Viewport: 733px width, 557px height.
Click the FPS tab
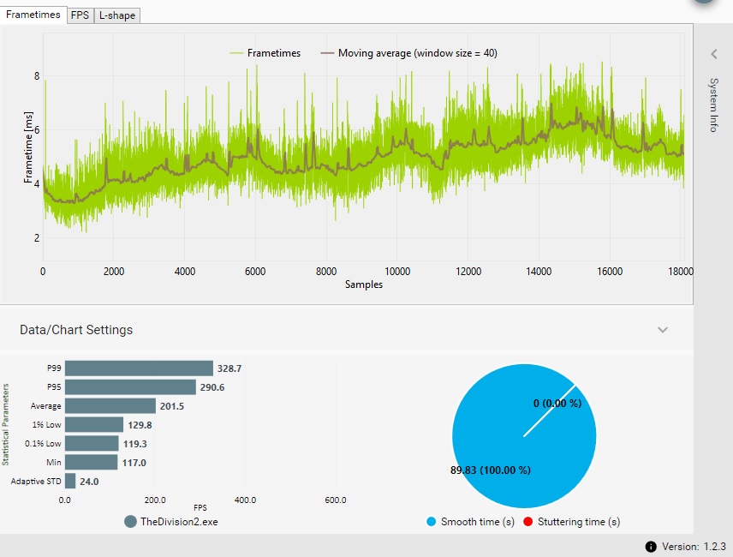click(x=80, y=15)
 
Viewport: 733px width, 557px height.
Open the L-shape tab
click(x=116, y=15)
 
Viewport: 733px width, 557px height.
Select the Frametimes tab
click(x=33, y=14)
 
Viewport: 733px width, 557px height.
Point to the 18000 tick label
click(x=680, y=271)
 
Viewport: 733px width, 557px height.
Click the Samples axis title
click(x=363, y=284)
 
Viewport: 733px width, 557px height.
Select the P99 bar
click(x=139, y=368)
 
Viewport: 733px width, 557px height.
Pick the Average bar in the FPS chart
click(x=110, y=406)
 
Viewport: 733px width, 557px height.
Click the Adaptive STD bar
click(x=70, y=482)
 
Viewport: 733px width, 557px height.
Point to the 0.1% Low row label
click(x=42, y=444)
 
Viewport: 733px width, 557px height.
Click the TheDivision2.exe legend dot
click(x=131, y=522)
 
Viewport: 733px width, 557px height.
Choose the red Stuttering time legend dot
click(x=528, y=522)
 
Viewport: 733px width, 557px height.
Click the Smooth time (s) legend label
click(x=476, y=522)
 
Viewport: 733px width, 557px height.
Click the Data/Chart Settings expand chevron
click(x=662, y=330)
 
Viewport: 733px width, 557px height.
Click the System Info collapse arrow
click(x=713, y=54)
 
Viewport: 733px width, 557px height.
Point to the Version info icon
click(x=651, y=546)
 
